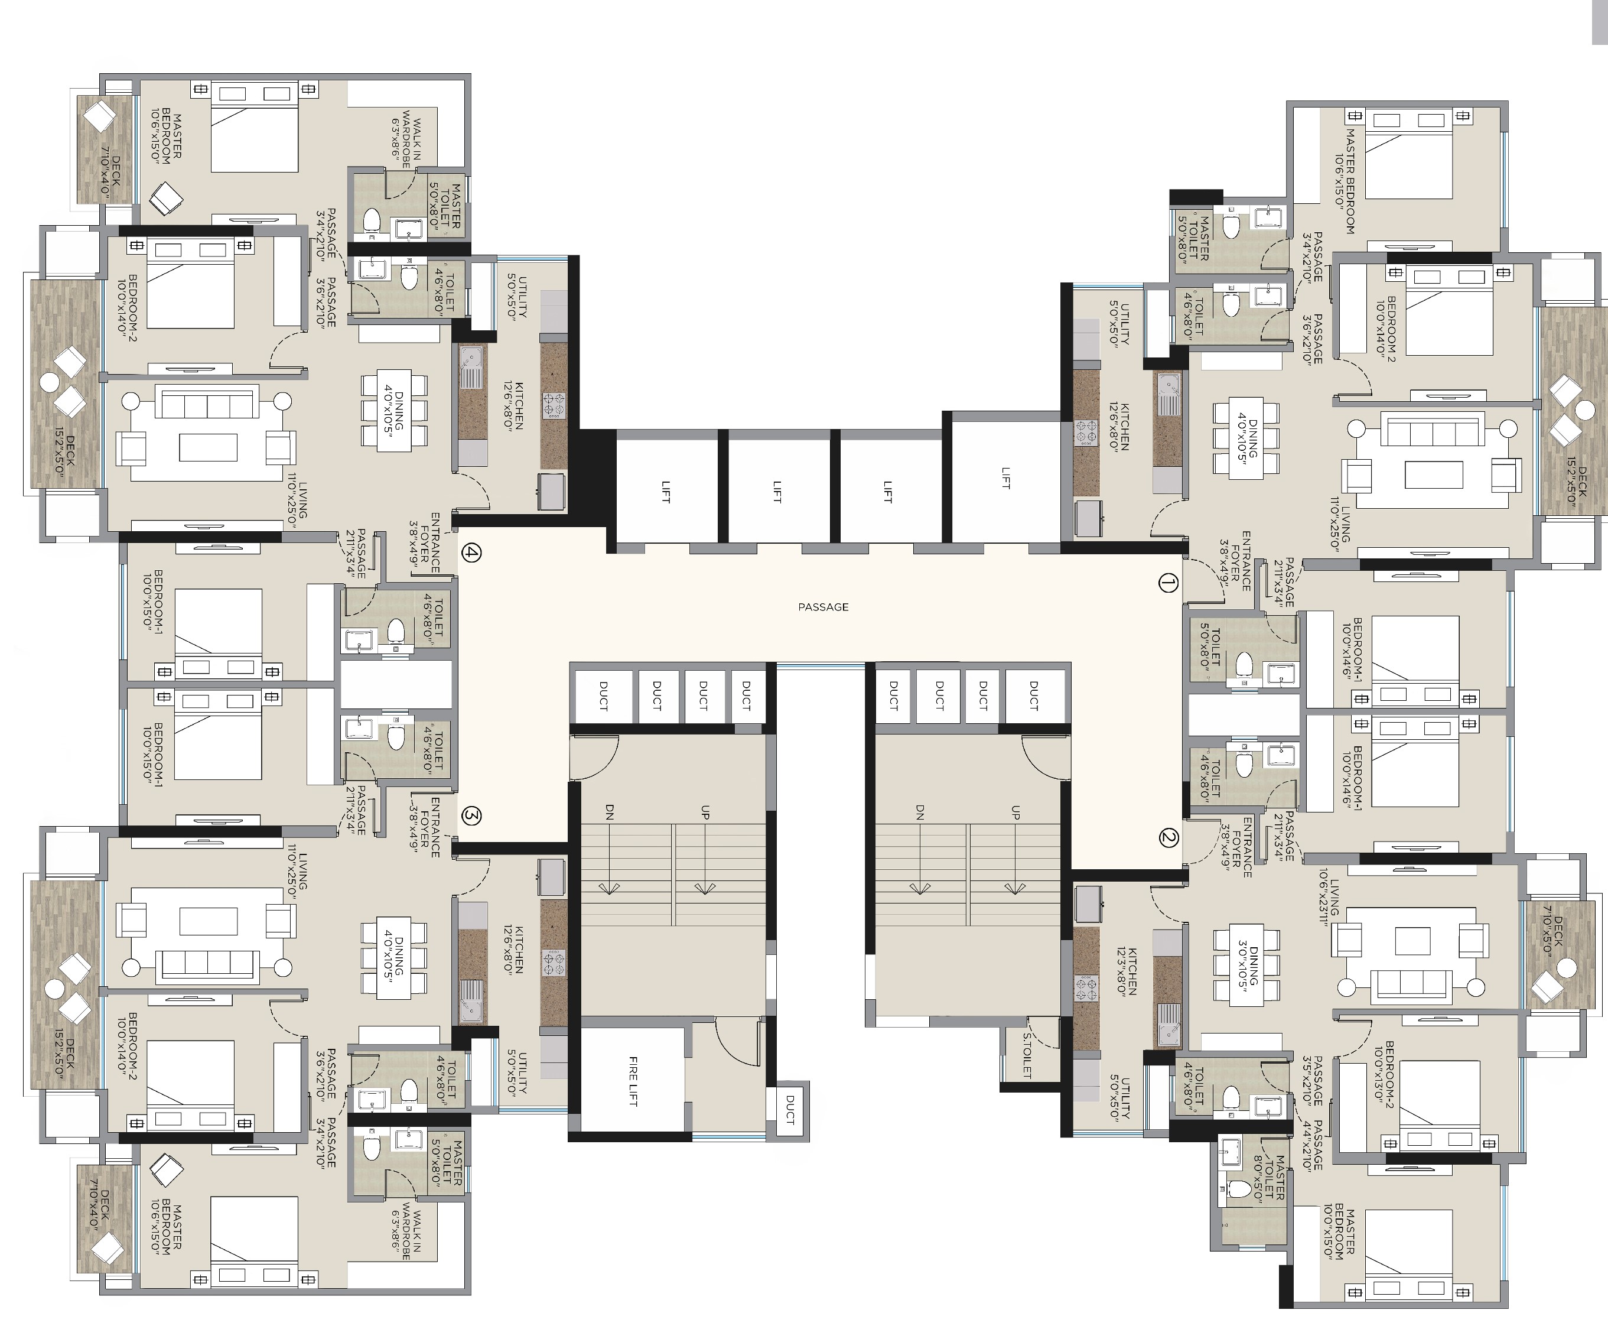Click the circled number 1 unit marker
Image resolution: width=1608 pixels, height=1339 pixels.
[x=1167, y=584]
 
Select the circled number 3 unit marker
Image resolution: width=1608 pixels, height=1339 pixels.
[x=471, y=817]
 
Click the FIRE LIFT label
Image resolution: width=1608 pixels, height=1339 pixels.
[x=633, y=1081]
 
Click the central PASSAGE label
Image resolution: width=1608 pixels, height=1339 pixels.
[x=823, y=607]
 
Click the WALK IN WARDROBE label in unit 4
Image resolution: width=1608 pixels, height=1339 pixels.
[x=406, y=143]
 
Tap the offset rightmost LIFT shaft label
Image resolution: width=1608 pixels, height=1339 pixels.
[x=1005, y=478]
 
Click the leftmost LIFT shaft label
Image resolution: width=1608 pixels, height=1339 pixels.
[x=665, y=491]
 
